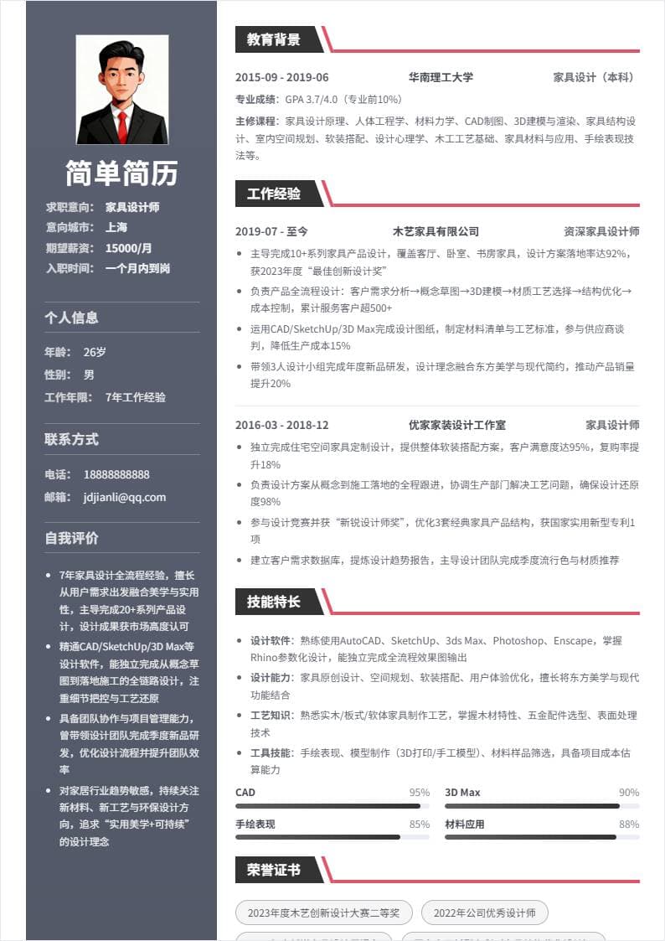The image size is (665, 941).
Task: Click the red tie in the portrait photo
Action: tap(122, 124)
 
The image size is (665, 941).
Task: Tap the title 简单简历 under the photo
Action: tap(122, 173)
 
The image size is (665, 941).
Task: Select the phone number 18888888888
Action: tap(116, 474)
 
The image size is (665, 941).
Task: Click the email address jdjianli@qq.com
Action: tap(125, 497)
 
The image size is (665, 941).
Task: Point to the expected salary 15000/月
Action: tap(128, 248)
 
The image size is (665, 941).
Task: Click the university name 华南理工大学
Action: tap(441, 77)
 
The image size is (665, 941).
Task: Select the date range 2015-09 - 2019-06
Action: tap(282, 77)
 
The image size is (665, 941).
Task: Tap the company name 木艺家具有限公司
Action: tap(436, 231)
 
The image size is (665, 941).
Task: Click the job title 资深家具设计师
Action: tap(601, 231)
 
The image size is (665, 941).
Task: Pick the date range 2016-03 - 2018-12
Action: tap(282, 425)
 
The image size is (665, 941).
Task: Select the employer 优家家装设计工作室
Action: tap(456, 425)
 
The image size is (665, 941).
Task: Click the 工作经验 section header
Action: tap(273, 194)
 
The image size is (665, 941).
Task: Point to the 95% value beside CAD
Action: tap(419, 793)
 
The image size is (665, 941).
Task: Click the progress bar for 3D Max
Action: tap(542, 806)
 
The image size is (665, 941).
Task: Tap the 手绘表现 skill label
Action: tap(255, 825)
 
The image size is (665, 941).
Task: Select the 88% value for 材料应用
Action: tap(629, 825)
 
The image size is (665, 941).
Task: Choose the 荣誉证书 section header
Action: tap(273, 870)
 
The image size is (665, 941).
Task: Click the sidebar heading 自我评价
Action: tap(72, 538)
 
